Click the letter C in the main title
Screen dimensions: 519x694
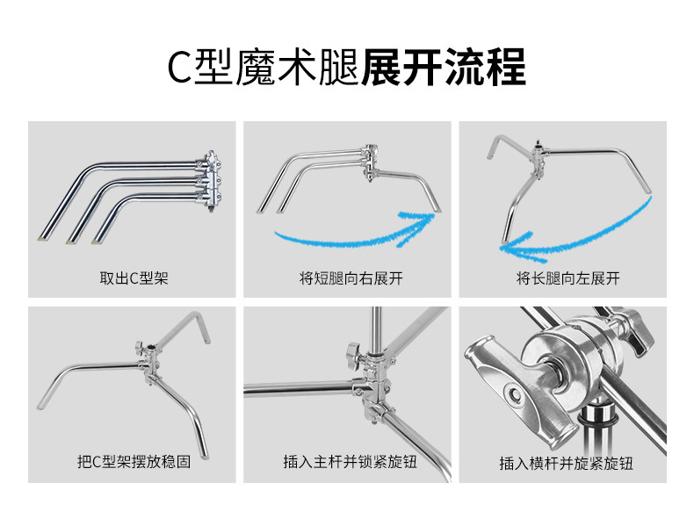point(178,68)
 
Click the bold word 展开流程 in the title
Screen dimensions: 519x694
point(444,68)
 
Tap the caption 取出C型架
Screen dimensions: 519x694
point(134,279)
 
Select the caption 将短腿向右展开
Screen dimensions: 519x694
point(346,279)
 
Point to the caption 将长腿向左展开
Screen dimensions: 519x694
point(563,279)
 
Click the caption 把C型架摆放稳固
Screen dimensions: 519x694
point(134,463)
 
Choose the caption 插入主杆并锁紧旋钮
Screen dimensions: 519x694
point(348,463)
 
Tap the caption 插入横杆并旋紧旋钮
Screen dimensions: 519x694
point(563,463)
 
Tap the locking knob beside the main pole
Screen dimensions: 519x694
point(354,357)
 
